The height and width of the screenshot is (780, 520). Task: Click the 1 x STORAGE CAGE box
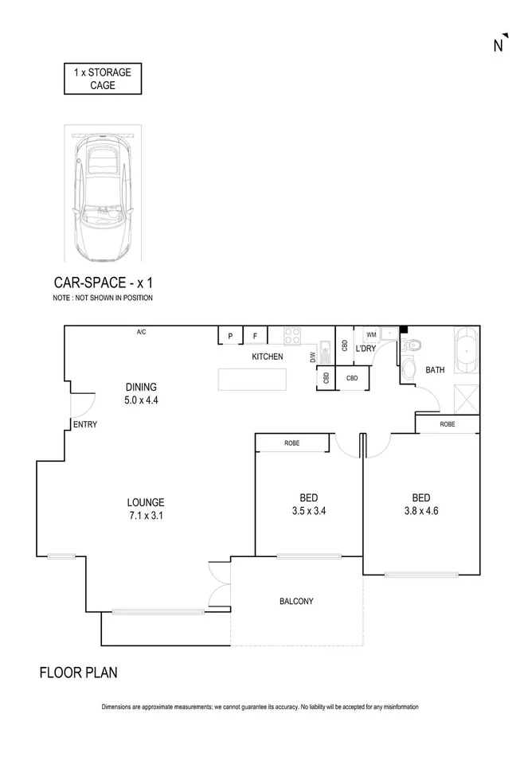coord(103,79)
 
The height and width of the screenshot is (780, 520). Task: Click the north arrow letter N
coord(499,45)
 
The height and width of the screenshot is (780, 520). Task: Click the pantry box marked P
coord(230,336)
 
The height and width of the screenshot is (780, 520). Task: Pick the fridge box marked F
coord(255,336)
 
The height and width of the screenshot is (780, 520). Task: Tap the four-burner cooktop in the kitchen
coord(292,335)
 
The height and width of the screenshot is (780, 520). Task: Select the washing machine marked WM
coord(371,335)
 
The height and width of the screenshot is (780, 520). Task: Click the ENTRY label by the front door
coord(84,424)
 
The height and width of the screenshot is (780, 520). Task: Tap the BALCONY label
coord(295,602)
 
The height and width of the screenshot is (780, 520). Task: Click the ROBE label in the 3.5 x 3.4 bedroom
coord(291,443)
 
